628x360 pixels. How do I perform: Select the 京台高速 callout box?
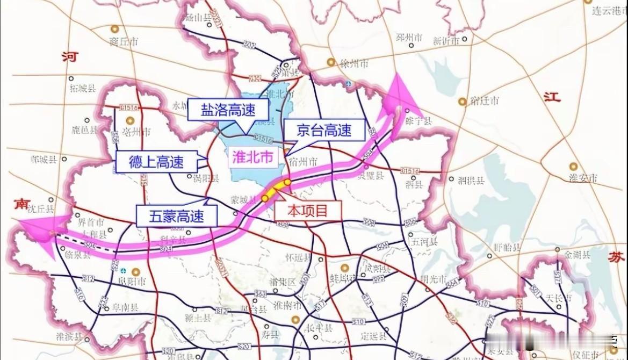click(324, 129)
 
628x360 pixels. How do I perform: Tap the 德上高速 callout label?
click(156, 162)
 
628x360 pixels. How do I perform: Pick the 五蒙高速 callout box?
click(177, 217)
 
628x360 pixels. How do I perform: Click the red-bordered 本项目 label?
click(307, 211)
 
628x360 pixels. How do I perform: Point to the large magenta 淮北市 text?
click(252, 156)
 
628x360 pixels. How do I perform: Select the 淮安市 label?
click(584, 178)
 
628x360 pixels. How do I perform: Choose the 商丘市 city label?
click(124, 41)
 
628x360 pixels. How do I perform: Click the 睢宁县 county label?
click(420, 122)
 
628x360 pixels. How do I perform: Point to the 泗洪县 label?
click(471, 181)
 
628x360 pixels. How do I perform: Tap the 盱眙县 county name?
click(508, 248)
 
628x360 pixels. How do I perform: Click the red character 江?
click(552, 97)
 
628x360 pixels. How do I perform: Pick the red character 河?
click(69, 56)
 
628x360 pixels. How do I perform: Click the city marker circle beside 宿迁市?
click(462, 101)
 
